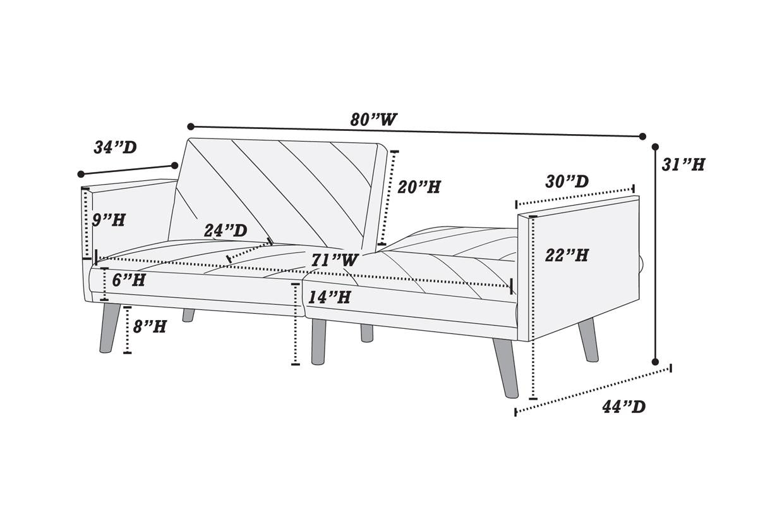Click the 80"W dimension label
(x=374, y=120)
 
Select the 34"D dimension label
(x=115, y=147)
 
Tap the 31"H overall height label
(x=683, y=164)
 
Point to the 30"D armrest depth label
(x=567, y=182)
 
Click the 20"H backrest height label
(x=419, y=187)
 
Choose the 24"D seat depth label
(x=226, y=231)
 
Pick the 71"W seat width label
(x=335, y=259)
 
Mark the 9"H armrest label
(x=109, y=220)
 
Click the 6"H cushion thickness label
(x=128, y=280)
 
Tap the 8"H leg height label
(x=150, y=326)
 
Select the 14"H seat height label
(x=329, y=297)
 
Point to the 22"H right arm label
(x=567, y=255)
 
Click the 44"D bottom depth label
(x=623, y=407)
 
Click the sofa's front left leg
(x=109, y=328)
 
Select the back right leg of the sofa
(x=588, y=340)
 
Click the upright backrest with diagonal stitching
(x=278, y=190)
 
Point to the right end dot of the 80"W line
(x=642, y=136)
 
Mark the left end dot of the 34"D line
(x=81, y=174)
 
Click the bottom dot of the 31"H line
(x=655, y=362)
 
